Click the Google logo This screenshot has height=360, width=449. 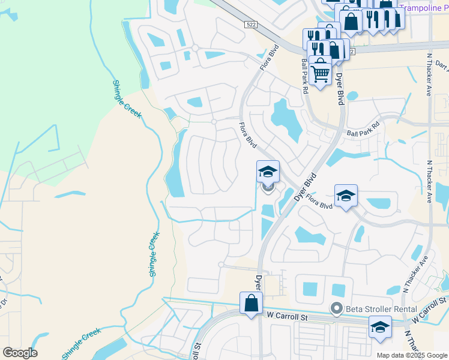20,353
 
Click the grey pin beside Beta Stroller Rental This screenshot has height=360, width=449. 337,309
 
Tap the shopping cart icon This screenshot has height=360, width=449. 321,73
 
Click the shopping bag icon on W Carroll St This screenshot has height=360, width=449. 251,304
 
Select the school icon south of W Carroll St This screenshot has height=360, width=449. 380,328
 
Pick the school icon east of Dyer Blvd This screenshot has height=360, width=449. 346,196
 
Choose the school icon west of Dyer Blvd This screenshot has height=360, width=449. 268,172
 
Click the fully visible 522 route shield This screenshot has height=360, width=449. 251,23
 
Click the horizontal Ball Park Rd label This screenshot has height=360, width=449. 364,133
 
